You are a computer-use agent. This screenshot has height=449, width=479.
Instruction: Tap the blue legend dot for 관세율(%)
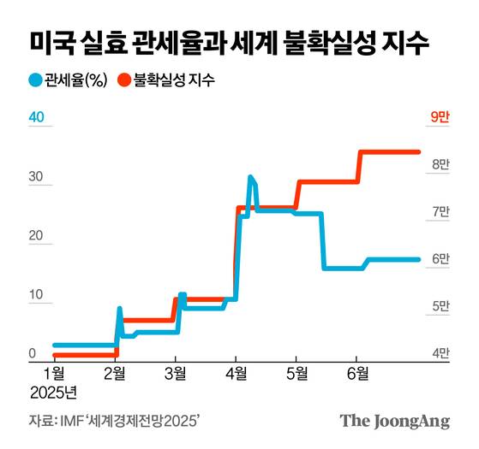(x=35, y=81)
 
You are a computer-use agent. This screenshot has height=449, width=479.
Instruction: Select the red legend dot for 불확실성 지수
(x=123, y=81)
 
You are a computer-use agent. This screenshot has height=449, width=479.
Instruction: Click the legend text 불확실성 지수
(x=173, y=81)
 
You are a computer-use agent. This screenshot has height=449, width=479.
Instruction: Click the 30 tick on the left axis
(x=37, y=177)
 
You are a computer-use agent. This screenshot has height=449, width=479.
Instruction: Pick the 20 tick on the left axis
(x=37, y=236)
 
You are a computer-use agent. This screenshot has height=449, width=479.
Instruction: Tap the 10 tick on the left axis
(x=37, y=295)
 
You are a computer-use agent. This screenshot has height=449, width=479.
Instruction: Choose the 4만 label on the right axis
(x=439, y=352)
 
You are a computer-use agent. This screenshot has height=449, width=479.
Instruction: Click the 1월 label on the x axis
(x=54, y=373)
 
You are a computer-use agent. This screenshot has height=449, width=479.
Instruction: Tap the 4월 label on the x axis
(x=237, y=373)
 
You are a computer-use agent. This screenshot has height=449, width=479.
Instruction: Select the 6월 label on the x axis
(x=357, y=373)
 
